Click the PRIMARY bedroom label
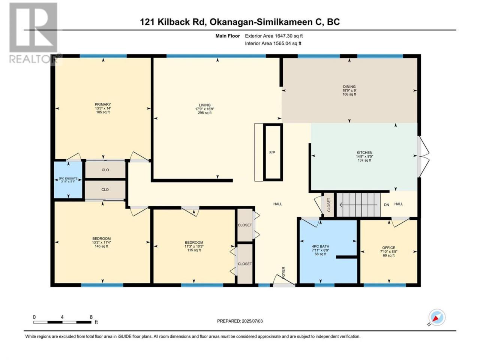pos(102,104)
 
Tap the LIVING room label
pos(204,105)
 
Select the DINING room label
pos(349,87)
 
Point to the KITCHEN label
pos(364,152)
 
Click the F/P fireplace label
pos(272,152)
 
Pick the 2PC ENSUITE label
pos(68,178)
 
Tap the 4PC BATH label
pos(320,246)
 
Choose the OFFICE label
pos(388,247)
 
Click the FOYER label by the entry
pos(283,273)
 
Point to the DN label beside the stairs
pos(386,205)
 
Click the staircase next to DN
pos(358,205)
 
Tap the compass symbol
pos(437,317)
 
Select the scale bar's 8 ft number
pos(91,317)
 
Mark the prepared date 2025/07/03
pos(252,321)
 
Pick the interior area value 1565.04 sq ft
pos(287,43)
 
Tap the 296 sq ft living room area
pos(204,113)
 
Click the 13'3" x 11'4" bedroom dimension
pos(102,242)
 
